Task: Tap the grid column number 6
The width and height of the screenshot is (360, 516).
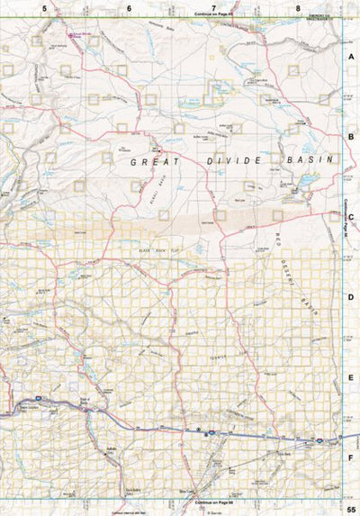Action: click(x=129, y=7)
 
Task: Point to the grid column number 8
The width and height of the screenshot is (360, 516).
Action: click(x=298, y=7)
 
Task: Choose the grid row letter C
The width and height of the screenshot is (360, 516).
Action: click(x=352, y=217)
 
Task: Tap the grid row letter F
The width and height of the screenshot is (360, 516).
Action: click(x=352, y=457)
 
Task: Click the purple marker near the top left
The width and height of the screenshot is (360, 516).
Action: click(x=71, y=35)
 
